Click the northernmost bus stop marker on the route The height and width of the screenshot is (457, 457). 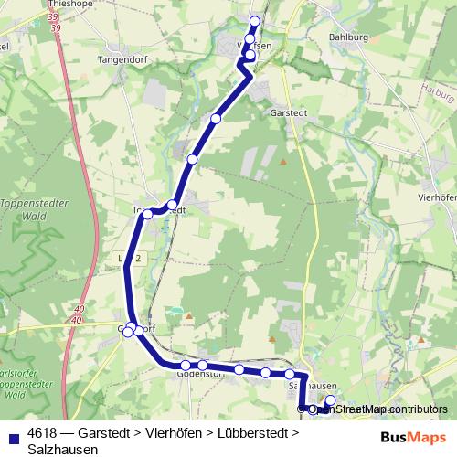coord(255,21)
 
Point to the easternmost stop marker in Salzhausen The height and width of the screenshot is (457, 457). coord(331,400)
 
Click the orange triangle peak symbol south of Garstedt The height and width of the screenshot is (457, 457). coord(283,162)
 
